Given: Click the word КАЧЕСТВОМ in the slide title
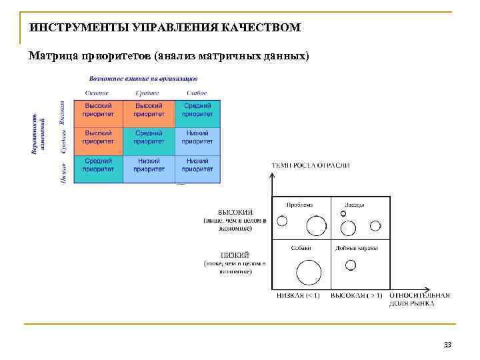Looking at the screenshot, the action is pyautogui.click(x=265, y=28).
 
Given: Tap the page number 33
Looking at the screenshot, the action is pyautogui.click(x=447, y=345).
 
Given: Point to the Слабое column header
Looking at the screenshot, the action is pyautogui.click(x=197, y=93).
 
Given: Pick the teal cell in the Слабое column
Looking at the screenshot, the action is pyautogui.click(x=197, y=113).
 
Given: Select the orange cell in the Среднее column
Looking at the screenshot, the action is pyautogui.click(x=149, y=113).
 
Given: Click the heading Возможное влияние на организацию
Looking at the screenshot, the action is pyautogui.click(x=148, y=78).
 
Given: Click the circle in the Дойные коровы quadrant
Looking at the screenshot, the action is pyautogui.click(x=351, y=265).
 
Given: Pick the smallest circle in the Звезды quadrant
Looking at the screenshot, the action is pyautogui.click(x=343, y=214).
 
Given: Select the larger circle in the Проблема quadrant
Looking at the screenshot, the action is pyautogui.click(x=316, y=227).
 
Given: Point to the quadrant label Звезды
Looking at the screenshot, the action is pyautogui.click(x=355, y=205).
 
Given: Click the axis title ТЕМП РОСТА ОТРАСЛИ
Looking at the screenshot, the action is pyautogui.click(x=311, y=165).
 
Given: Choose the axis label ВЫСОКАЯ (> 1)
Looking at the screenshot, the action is pyautogui.click(x=357, y=295).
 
